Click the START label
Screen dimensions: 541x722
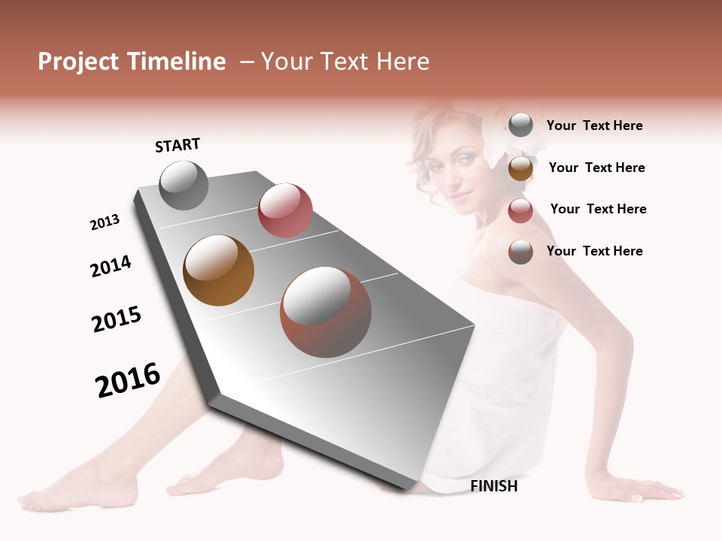tap(177, 144)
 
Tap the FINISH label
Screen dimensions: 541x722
tap(493, 486)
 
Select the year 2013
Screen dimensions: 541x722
tap(105, 222)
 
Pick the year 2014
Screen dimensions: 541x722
tap(111, 267)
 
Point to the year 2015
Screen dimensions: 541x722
tap(117, 319)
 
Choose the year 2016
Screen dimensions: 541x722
tap(128, 380)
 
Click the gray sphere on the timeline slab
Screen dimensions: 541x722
tap(184, 185)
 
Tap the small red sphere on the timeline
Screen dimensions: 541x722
tap(285, 210)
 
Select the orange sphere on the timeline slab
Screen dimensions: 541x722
tap(218, 270)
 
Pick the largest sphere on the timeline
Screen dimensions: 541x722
tap(326, 312)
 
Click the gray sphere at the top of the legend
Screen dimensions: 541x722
tap(520, 125)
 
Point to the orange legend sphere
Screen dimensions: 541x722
tap(520, 168)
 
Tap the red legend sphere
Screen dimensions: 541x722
tap(520, 211)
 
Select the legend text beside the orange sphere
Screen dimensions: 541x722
tap(596, 168)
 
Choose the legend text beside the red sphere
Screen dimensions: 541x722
tap(598, 209)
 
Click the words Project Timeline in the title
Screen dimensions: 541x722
tap(132, 62)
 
